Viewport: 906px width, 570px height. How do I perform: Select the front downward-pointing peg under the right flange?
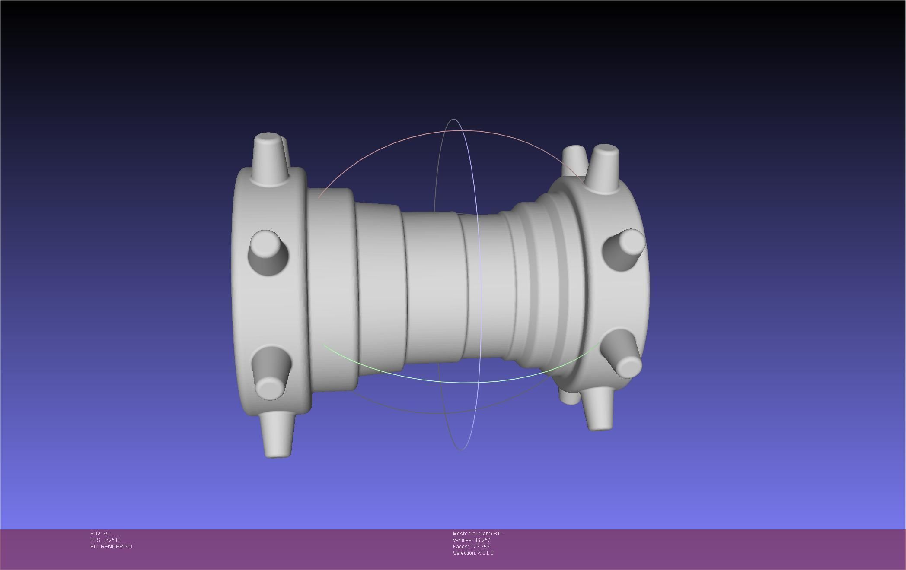click(599, 408)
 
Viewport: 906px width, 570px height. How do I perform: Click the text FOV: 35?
click(99, 534)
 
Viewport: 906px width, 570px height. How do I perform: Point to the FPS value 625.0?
click(112, 540)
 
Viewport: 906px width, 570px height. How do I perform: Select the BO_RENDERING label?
click(111, 547)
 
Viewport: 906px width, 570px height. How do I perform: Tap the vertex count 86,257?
click(482, 540)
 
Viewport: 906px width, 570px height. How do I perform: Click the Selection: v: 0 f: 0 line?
click(473, 553)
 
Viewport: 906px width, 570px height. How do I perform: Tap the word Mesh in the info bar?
click(459, 534)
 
